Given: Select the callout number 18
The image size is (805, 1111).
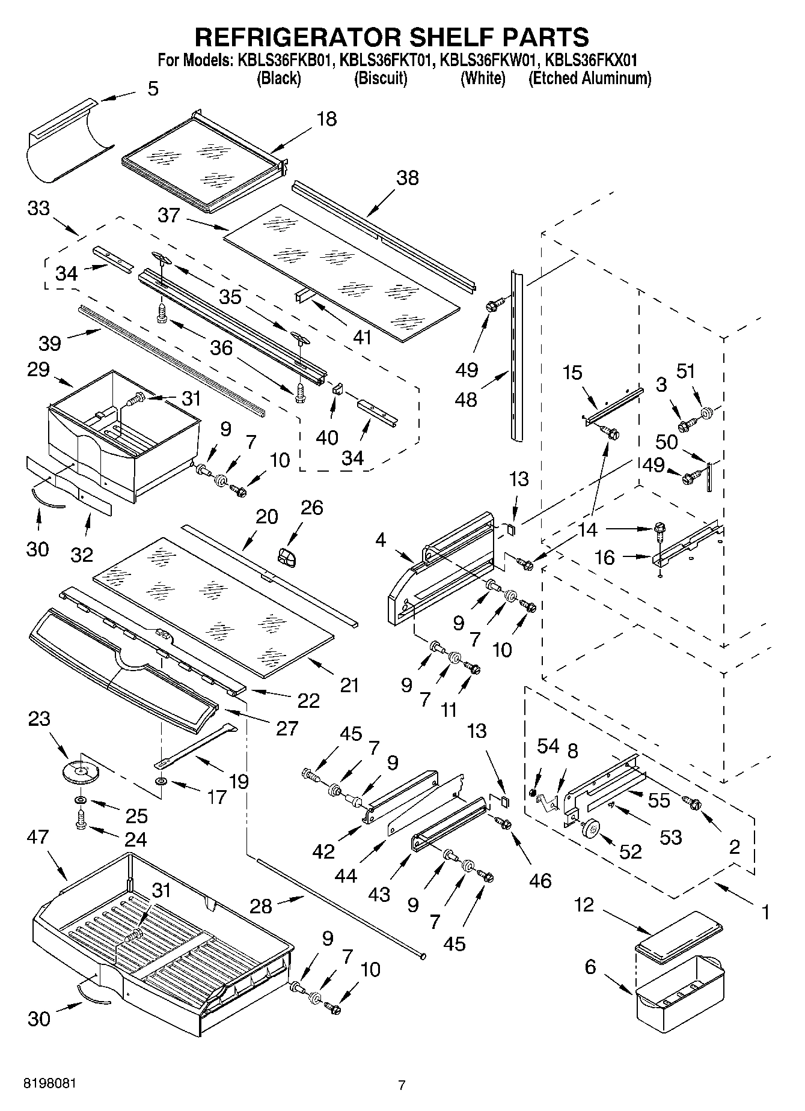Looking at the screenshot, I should point(326,119).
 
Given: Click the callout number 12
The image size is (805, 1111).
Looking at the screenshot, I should point(584,904).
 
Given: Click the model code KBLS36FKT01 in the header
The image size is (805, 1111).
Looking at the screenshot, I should point(387,60).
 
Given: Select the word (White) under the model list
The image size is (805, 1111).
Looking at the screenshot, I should point(482,78).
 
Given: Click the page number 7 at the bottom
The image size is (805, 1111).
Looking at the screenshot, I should point(402,1085).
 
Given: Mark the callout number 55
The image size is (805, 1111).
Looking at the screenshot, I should point(659,800).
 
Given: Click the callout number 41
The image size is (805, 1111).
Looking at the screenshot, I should point(362,338).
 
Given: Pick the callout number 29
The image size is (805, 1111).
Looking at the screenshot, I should point(38,369).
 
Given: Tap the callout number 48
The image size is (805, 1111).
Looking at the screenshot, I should point(466,399).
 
